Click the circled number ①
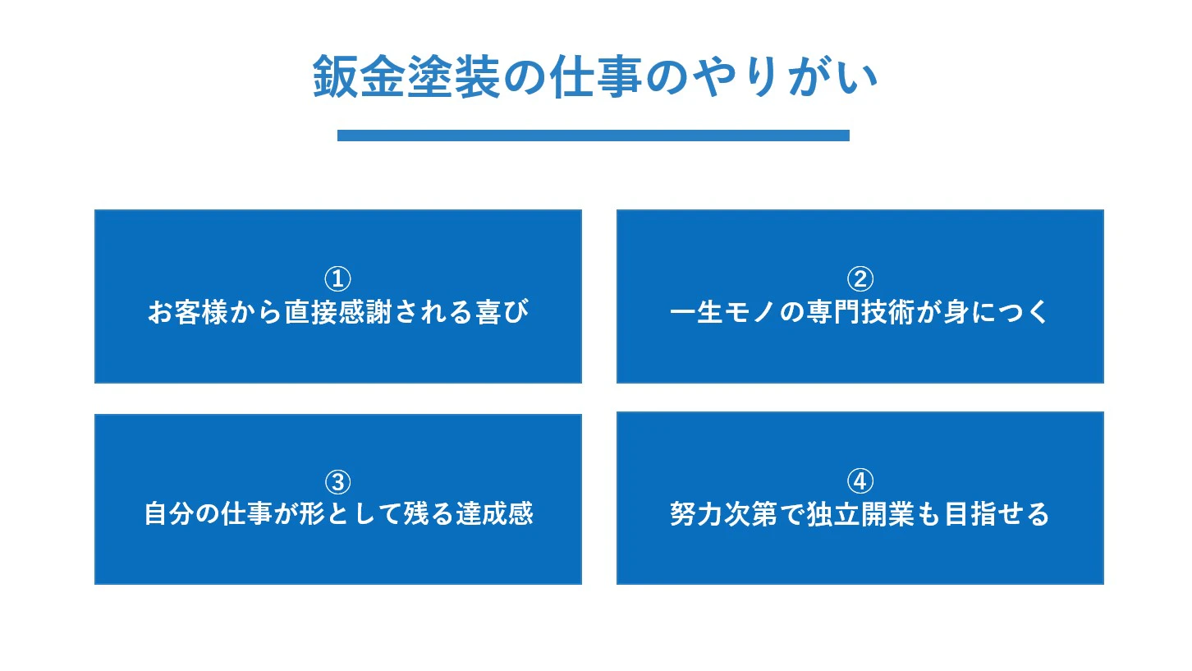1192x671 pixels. [338, 278]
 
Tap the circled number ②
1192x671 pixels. [860, 278]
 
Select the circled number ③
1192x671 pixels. [338, 482]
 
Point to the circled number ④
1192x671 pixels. [860, 481]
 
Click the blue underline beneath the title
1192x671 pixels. [594, 136]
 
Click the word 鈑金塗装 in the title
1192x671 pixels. [406, 77]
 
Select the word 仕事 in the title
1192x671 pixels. [595, 77]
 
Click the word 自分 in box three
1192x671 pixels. [170, 514]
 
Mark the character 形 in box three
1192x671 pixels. [313, 514]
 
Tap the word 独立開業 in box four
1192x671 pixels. [860, 514]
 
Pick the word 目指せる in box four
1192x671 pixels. [997, 514]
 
